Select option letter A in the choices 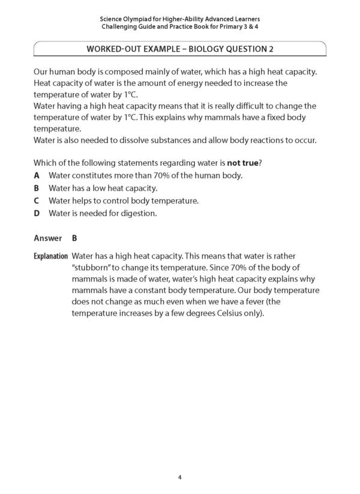[x=37, y=175]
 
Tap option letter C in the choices [x=37, y=200]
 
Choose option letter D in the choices [x=37, y=213]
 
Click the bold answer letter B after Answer [x=74, y=238]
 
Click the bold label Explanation [x=50, y=256]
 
